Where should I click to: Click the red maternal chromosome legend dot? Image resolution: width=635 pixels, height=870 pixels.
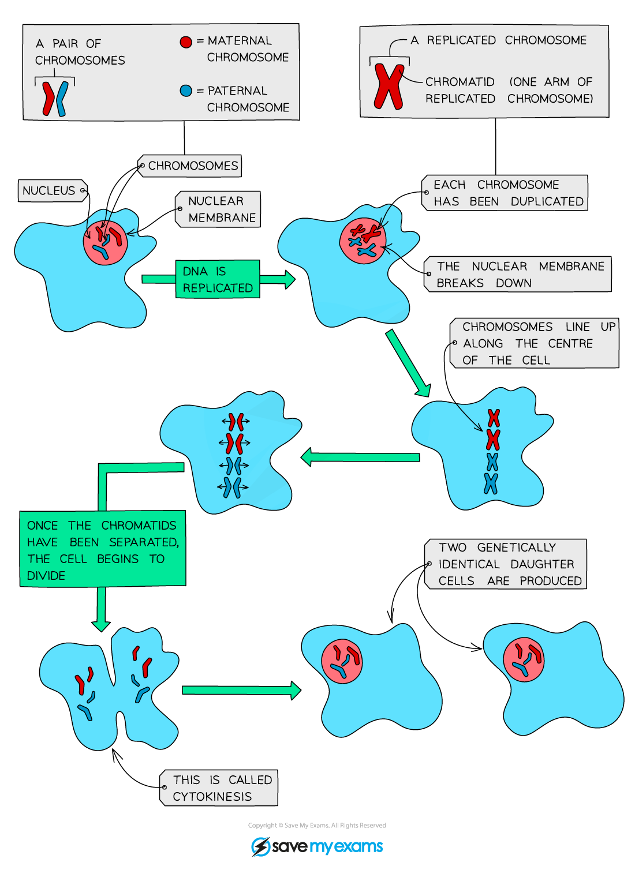(185, 42)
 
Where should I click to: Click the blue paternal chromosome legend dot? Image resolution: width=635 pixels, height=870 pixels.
(185, 91)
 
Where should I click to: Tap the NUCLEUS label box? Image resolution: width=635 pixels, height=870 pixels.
(51, 190)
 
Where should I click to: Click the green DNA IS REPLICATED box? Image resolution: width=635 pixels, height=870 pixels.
(217, 279)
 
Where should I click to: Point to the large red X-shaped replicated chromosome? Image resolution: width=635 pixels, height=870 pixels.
(389, 87)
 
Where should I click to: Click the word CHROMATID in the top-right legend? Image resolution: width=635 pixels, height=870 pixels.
(460, 82)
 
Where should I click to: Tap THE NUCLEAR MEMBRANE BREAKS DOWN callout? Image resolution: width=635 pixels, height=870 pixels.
(518, 275)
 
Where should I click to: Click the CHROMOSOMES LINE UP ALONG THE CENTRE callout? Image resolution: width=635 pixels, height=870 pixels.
(534, 343)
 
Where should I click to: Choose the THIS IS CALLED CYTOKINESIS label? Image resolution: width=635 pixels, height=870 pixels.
(219, 788)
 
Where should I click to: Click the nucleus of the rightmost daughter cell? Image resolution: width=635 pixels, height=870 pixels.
(524, 660)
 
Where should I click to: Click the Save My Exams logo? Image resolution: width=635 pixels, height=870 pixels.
(317, 846)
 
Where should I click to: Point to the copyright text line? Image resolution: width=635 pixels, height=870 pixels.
(317, 825)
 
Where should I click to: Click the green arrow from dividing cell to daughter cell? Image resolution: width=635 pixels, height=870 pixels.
(241, 690)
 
